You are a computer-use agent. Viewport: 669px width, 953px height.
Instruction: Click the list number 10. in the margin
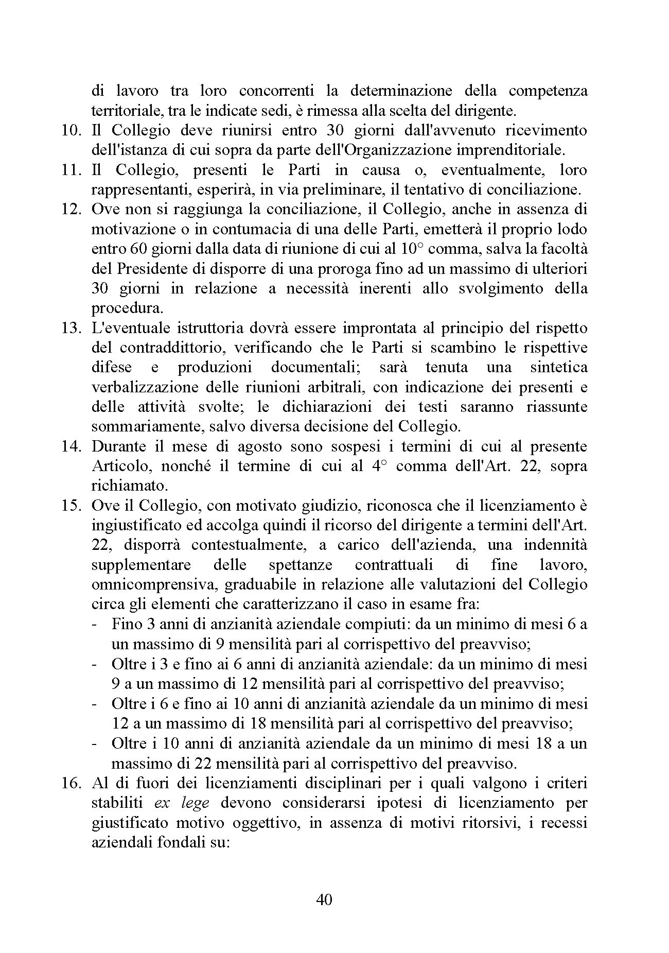[72, 130]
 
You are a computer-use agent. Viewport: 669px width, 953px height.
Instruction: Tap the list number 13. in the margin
[72, 328]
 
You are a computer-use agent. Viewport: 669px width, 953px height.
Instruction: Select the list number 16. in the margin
[72, 783]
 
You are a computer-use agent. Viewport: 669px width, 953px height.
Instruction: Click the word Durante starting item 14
[117, 446]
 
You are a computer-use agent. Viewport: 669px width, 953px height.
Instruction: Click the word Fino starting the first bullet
[124, 625]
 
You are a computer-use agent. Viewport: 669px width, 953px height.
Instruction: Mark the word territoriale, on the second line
[121, 111]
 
